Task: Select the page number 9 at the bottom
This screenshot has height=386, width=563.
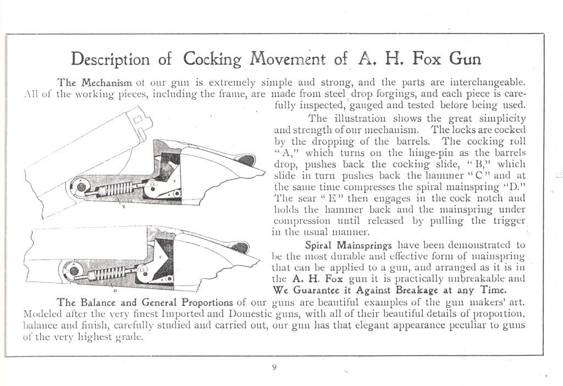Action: [274, 368]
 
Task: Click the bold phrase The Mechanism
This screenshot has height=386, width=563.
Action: [95, 83]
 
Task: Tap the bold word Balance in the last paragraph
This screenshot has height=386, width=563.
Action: [106, 302]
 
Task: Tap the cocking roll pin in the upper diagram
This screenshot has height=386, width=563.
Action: [80, 187]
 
